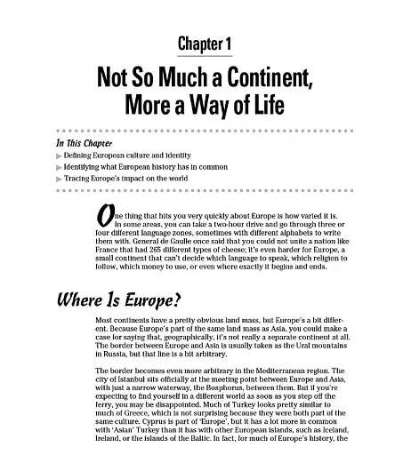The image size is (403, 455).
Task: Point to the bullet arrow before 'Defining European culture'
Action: click(59, 155)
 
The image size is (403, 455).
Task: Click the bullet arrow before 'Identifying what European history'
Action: click(59, 166)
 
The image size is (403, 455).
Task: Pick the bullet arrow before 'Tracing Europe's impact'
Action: click(59, 179)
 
